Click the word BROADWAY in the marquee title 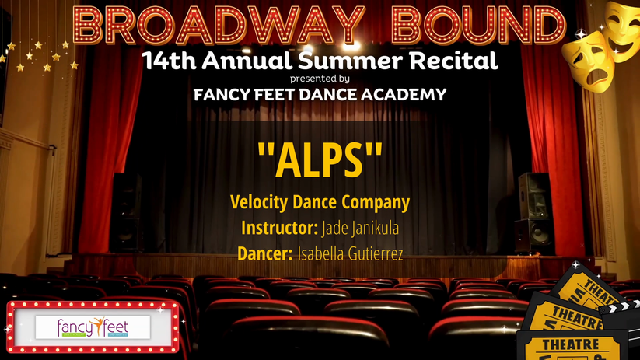(x=219, y=26)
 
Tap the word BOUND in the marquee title (x=478, y=26)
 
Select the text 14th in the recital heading (x=169, y=61)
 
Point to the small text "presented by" (x=320, y=79)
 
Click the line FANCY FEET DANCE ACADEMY (x=320, y=95)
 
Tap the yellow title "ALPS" (x=320, y=160)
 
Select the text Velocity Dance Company (x=320, y=202)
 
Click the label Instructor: (x=279, y=228)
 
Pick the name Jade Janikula (x=360, y=228)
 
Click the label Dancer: (x=265, y=253)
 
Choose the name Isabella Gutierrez (x=350, y=253)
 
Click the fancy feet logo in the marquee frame (x=93, y=327)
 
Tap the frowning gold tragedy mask (x=589, y=61)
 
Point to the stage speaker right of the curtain (x=535, y=212)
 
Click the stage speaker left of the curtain (x=127, y=212)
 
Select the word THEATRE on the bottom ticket (x=570, y=345)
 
